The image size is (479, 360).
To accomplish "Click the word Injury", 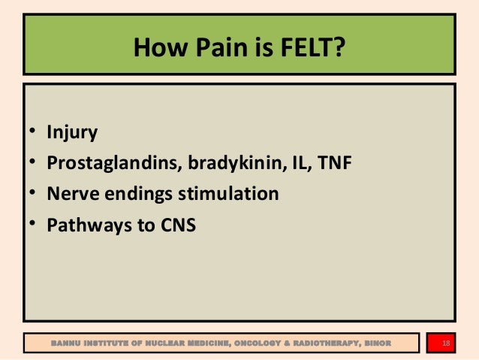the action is pos(72,133).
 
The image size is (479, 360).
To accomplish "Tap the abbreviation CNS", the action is pos(176,224).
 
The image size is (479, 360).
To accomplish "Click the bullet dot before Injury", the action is pos(33,134).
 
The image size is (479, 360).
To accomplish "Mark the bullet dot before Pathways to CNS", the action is pos(33,225).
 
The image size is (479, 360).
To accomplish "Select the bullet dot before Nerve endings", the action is pos(33,195).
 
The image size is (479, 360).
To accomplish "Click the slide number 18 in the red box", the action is pos(447,344).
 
